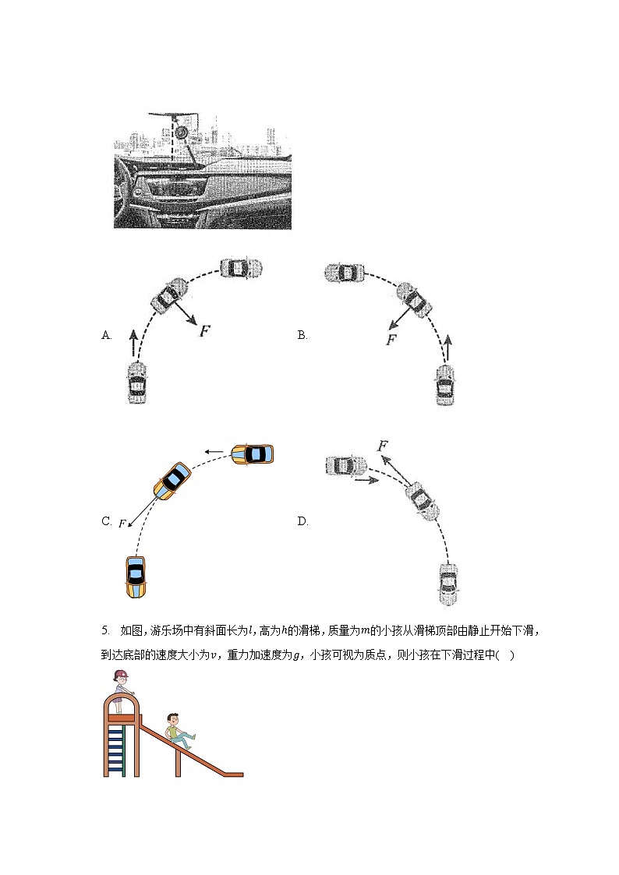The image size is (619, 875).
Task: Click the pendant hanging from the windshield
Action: tap(181, 132)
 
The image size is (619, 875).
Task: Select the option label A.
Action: tap(107, 335)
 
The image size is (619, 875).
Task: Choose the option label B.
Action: tap(302, 335)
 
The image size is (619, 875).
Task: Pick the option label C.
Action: tap(107, 521)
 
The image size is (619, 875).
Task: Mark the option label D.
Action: tap(302, 521)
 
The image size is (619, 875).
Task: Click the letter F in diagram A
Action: tap(205, 331)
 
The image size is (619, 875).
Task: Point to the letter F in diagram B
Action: tap(391, 340)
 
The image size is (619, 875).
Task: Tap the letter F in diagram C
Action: tap(122, 524)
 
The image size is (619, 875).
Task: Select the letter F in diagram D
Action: tap(382, 446)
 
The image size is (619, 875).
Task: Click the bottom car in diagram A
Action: tap(136, 383)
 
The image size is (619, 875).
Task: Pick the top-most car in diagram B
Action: tap(345, 273)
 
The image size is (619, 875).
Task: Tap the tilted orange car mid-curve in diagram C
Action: tap(172, 480)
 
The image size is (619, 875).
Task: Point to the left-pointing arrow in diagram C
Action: tap(215, 451)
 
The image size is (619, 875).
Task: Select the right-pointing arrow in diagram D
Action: tap(366, 481)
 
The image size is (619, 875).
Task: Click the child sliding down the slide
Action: tap(179, 731)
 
